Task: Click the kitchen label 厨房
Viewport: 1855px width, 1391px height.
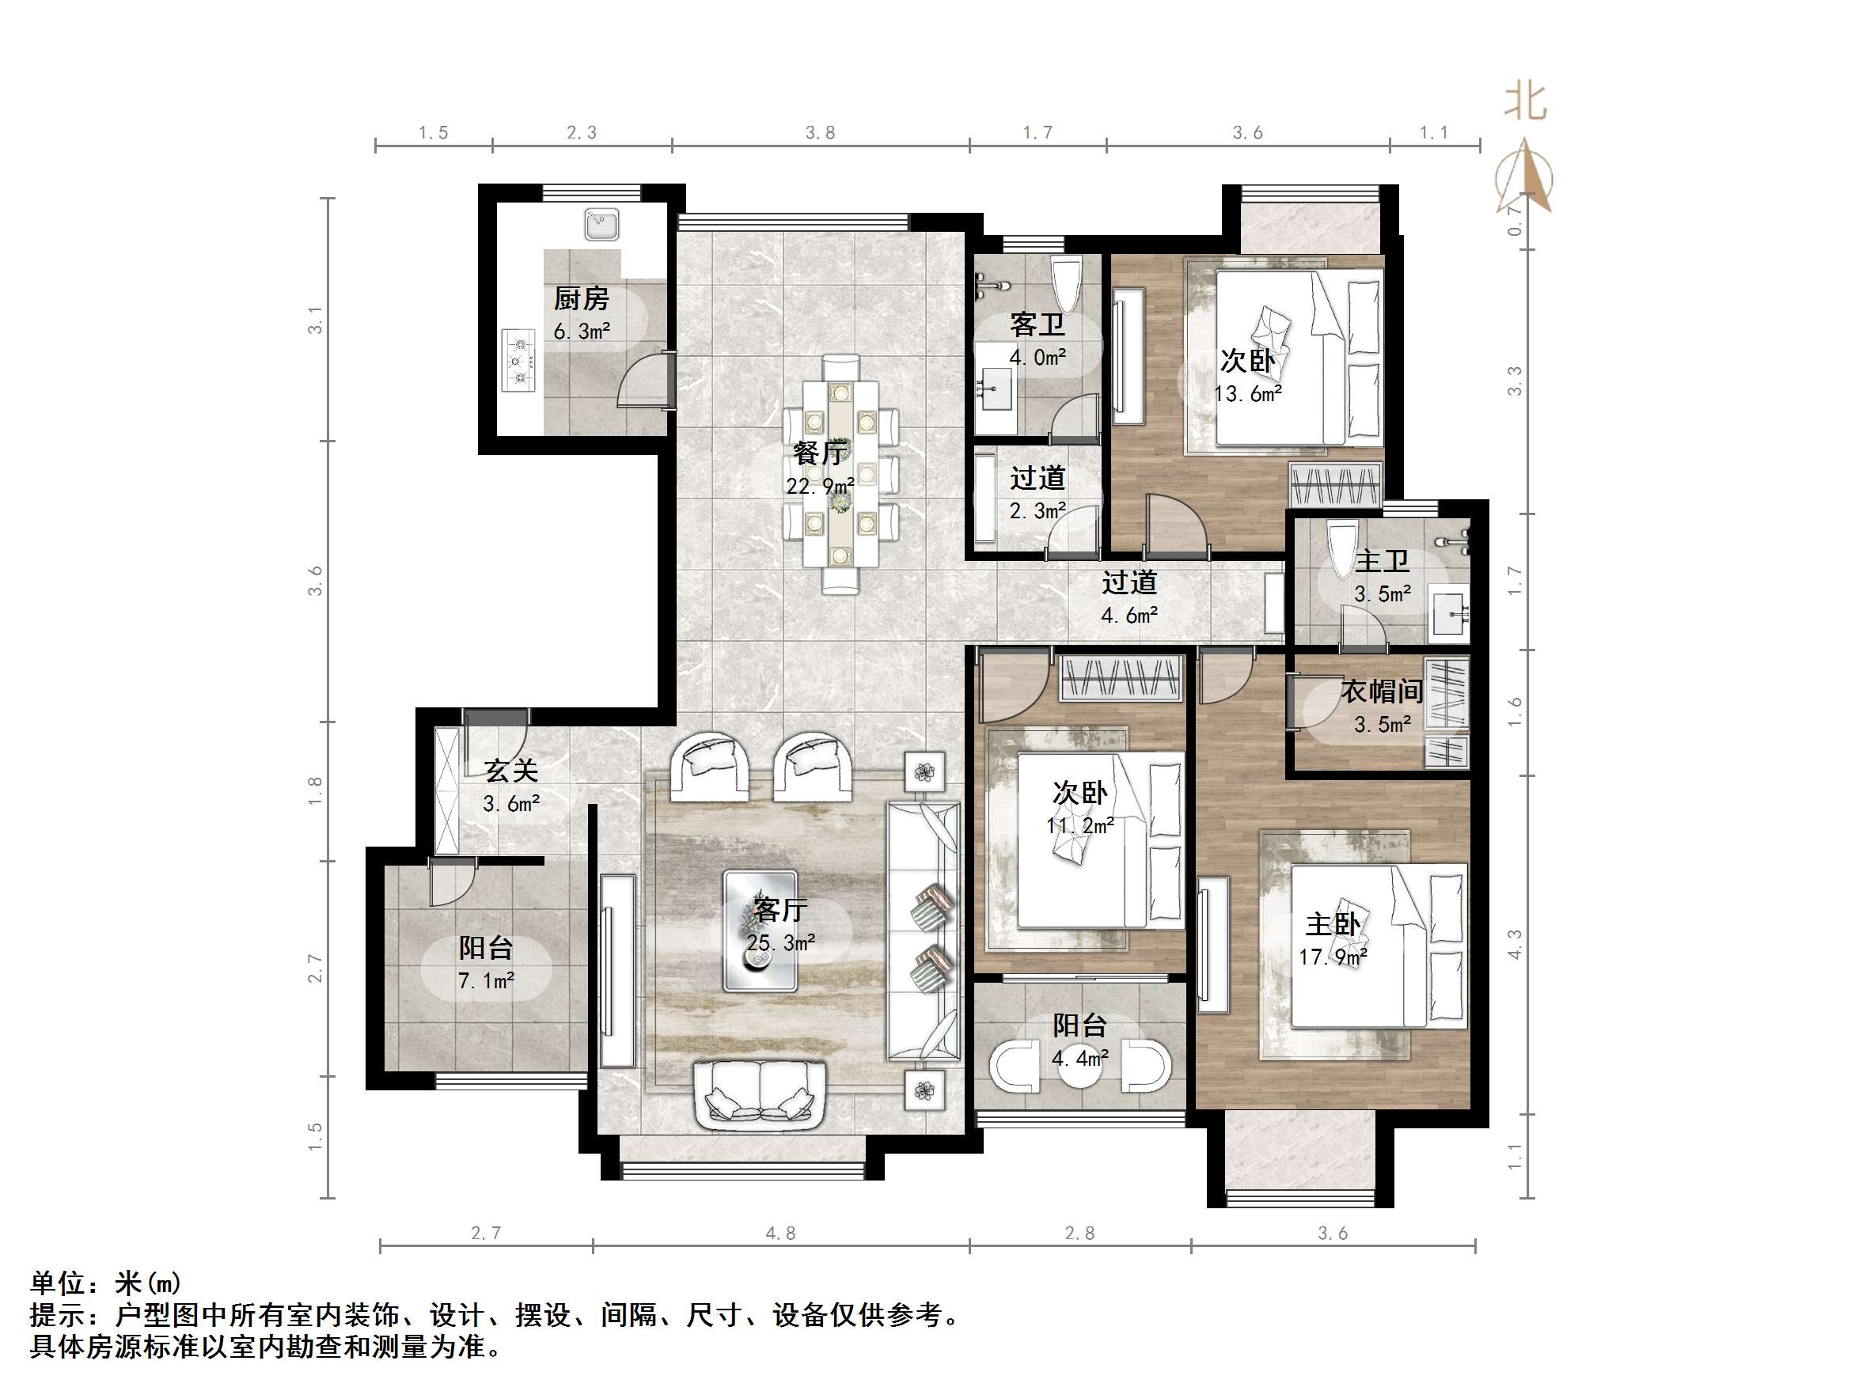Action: click(x=581, y=298)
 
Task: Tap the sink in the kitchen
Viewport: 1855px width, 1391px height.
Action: click(x=601, y=224)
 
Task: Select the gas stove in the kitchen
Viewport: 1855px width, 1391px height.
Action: click(x=518, y=361)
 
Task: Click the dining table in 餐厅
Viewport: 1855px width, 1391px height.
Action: click(x=840, y=474)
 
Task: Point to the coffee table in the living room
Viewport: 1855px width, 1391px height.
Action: click(x=761, y=930)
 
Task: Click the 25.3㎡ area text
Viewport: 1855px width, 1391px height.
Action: click(x=781, y=943)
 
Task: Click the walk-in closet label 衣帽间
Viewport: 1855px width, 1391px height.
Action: click(x=1381, y=692)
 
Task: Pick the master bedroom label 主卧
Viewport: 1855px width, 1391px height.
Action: click(x=1333, y=924)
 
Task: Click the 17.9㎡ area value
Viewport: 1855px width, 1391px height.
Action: click(x=1333, y=957)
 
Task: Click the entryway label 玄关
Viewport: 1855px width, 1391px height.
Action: click(x=510, y=771)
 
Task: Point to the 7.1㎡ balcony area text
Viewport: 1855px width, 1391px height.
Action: click(x=487, y=980)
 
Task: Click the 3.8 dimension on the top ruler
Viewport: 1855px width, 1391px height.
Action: click(x=820, y=132)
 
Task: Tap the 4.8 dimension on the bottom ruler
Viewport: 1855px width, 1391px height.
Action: click(x=780, y=1234)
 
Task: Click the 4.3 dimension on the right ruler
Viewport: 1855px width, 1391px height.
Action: click(x=1514, y=945)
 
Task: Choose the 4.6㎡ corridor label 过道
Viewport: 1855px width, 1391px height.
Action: click(x=1129, y=582)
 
